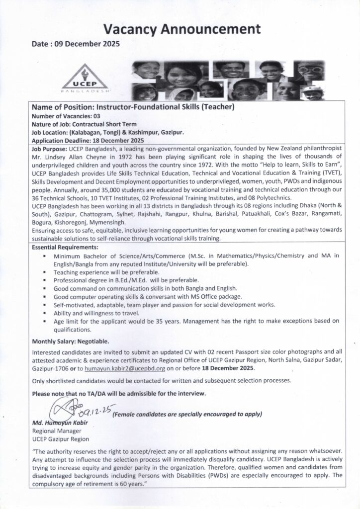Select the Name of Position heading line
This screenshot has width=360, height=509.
(133, 106)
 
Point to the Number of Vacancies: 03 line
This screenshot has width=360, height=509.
(66, 115)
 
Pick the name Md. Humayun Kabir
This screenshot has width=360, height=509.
(60, 423)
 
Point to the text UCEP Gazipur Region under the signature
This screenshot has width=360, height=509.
(61, 439)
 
